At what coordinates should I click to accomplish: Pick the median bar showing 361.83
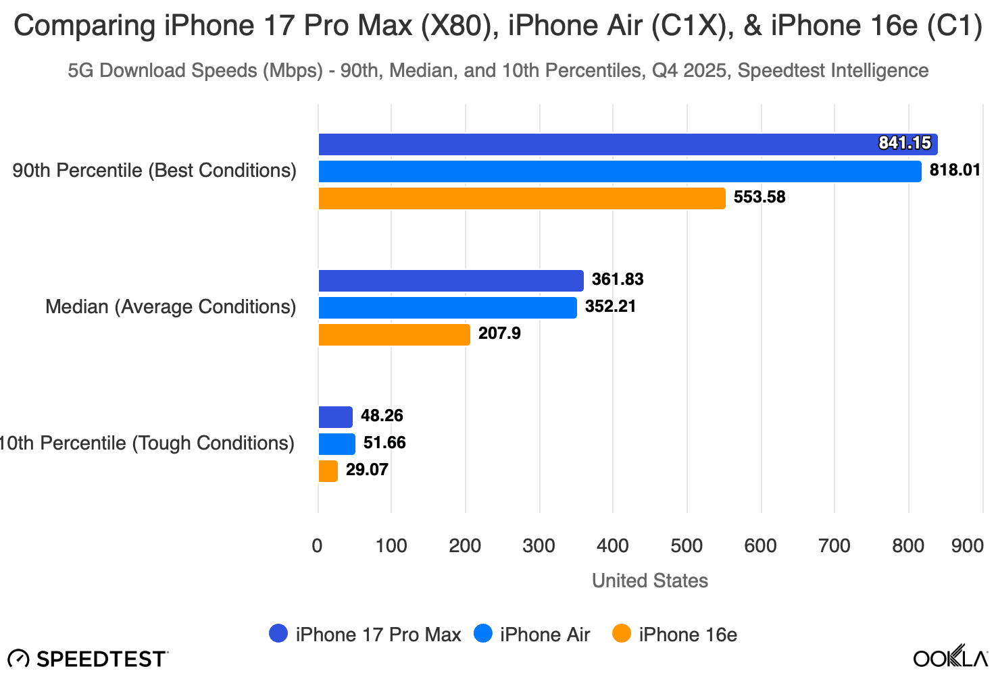[x=451, y=281]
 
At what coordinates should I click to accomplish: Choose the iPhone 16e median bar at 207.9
[x=394, y=335]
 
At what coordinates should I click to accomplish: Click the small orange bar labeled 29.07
[x=328, y=471]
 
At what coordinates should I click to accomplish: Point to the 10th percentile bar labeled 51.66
[x=337, y=444]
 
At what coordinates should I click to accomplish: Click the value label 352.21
[x=610, y=306]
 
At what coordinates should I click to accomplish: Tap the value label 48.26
[x=382, y=416]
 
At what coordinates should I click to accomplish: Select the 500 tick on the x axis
[x=687, y=545]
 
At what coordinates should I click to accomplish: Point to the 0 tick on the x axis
[x=318, y=545]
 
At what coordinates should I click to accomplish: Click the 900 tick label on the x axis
[x=967, y=545]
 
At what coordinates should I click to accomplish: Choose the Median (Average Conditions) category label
[x=170, y=307]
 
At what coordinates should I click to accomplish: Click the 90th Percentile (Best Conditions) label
[x=154, y=171]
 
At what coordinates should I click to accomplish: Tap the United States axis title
[x=649, y=580]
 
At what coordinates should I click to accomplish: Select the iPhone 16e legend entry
[x=675, y=634]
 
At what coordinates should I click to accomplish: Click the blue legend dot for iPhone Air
[x=483, y=634]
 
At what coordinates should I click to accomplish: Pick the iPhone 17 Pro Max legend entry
[x=365, y=634]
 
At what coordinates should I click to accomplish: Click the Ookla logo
[x=950, y=657]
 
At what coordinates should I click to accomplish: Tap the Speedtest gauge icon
[x=18, y=659]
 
